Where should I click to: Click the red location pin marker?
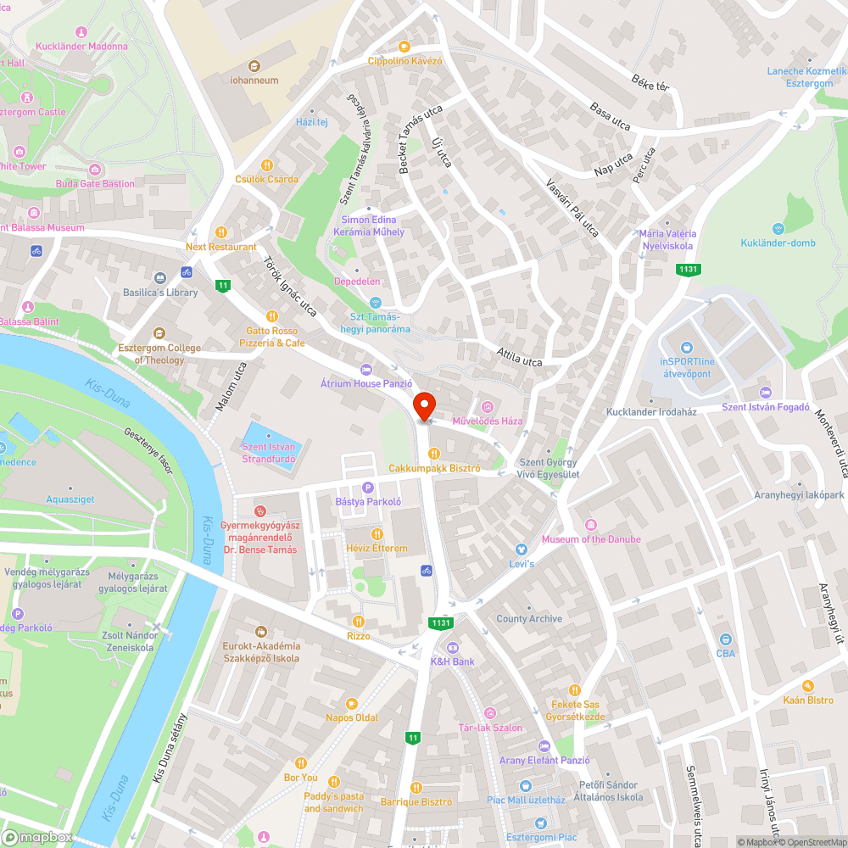[x=423, y=406]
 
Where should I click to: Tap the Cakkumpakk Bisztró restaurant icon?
[x=434, y=453]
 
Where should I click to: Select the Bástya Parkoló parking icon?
[x=367, y=487]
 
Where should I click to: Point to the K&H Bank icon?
[x=452, y=646]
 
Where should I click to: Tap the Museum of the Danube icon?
[x=591, y=524]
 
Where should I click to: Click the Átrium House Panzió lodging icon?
[x=365, y=369]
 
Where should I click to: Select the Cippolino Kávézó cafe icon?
[x=404, y=47]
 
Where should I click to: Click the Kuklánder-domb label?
[x=777, y=243]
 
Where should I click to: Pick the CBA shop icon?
[x=725, y=639]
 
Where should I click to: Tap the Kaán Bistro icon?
[x=808, y=685]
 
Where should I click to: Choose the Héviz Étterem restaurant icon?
[x=377, y=533]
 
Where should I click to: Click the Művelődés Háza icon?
[x=487, y=406]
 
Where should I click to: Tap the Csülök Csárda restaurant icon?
[x=266, y=165]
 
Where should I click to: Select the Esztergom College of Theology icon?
[x=159, y=333]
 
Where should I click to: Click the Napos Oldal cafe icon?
[x=352, y=703]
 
